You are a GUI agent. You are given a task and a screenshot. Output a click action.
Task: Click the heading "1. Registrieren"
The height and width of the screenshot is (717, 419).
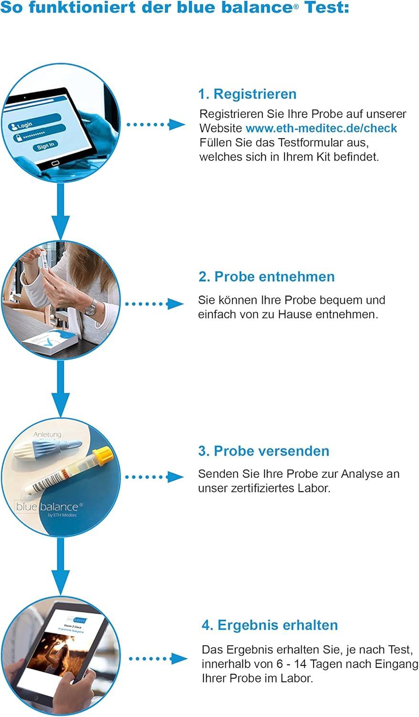click(247, 94)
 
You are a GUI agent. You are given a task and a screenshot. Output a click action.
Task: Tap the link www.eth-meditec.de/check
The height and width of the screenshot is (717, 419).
click(321, 128)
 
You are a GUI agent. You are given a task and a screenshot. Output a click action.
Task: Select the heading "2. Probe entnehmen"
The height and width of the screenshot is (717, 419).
click(266, 277)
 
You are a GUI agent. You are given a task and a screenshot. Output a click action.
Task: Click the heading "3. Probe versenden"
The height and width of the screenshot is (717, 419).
click(263, 451)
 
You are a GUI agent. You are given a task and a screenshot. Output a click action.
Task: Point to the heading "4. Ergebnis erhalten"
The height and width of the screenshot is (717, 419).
click(270, 625)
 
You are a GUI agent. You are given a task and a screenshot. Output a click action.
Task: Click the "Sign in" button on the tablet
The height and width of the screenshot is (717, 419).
click(46, 145)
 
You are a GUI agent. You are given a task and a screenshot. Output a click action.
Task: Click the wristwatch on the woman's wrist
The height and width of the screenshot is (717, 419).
click(91, 307)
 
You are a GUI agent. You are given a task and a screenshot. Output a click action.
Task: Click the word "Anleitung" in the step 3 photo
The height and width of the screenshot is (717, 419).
click(47, 435)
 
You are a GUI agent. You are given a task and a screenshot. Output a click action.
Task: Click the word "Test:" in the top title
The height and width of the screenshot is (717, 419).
click(330, 8)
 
